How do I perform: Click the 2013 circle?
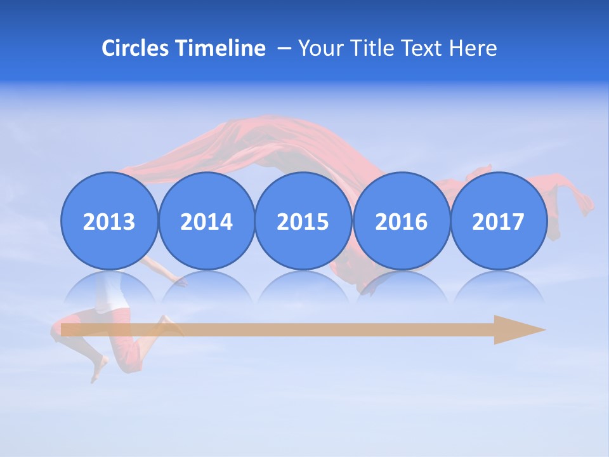pos(109,221)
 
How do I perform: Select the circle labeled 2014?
pos(206,221)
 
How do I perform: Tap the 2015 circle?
pos(303,221)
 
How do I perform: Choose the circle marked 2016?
pos(401,221)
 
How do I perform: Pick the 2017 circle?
pos(498,221)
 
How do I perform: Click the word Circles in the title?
pos(136,48)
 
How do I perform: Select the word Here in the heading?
pos(473,48)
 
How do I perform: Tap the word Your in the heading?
pos(320,48)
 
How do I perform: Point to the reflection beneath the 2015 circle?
pos(303,288)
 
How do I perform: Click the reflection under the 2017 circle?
pos(498,288)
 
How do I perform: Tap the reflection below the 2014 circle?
pos(206,288)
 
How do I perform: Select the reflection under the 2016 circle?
pos(401,288)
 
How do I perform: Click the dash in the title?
pos(284,49)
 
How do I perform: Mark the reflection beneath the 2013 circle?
pos(109,288)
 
